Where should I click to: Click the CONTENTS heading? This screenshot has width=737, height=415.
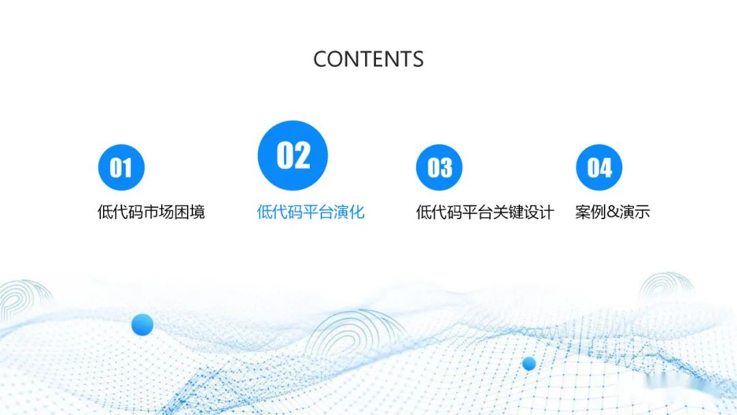pyautogui.click(x=369, y=59)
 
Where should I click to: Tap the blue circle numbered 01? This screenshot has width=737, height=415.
pyautogui.click(x=121, y=167)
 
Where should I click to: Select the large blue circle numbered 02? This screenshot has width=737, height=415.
pyautogui.click(x=293, y=156)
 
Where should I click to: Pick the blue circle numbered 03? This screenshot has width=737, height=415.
pyautogui.click(x=439, y=167)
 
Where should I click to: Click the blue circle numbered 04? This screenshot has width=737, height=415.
pyautogui.click(x=599, y=167)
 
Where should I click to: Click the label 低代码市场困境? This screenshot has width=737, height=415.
pyautogui.click(x=151, y=212)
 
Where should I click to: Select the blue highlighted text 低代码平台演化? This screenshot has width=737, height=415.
pyautogui.click(x=310, y=212)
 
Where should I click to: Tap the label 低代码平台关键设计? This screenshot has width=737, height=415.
pyautogui.click(x=485, y=212)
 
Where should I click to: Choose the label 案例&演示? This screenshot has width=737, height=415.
pyautogui.click(x=612, y=212)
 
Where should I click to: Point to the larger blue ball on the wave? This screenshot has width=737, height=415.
pyautogui.click(x=142, y=324)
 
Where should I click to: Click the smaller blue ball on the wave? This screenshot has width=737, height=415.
pyautogui.click(x=529, y=363)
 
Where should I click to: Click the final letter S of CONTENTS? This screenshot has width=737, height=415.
pyautogui.click(x=417, y=59)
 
